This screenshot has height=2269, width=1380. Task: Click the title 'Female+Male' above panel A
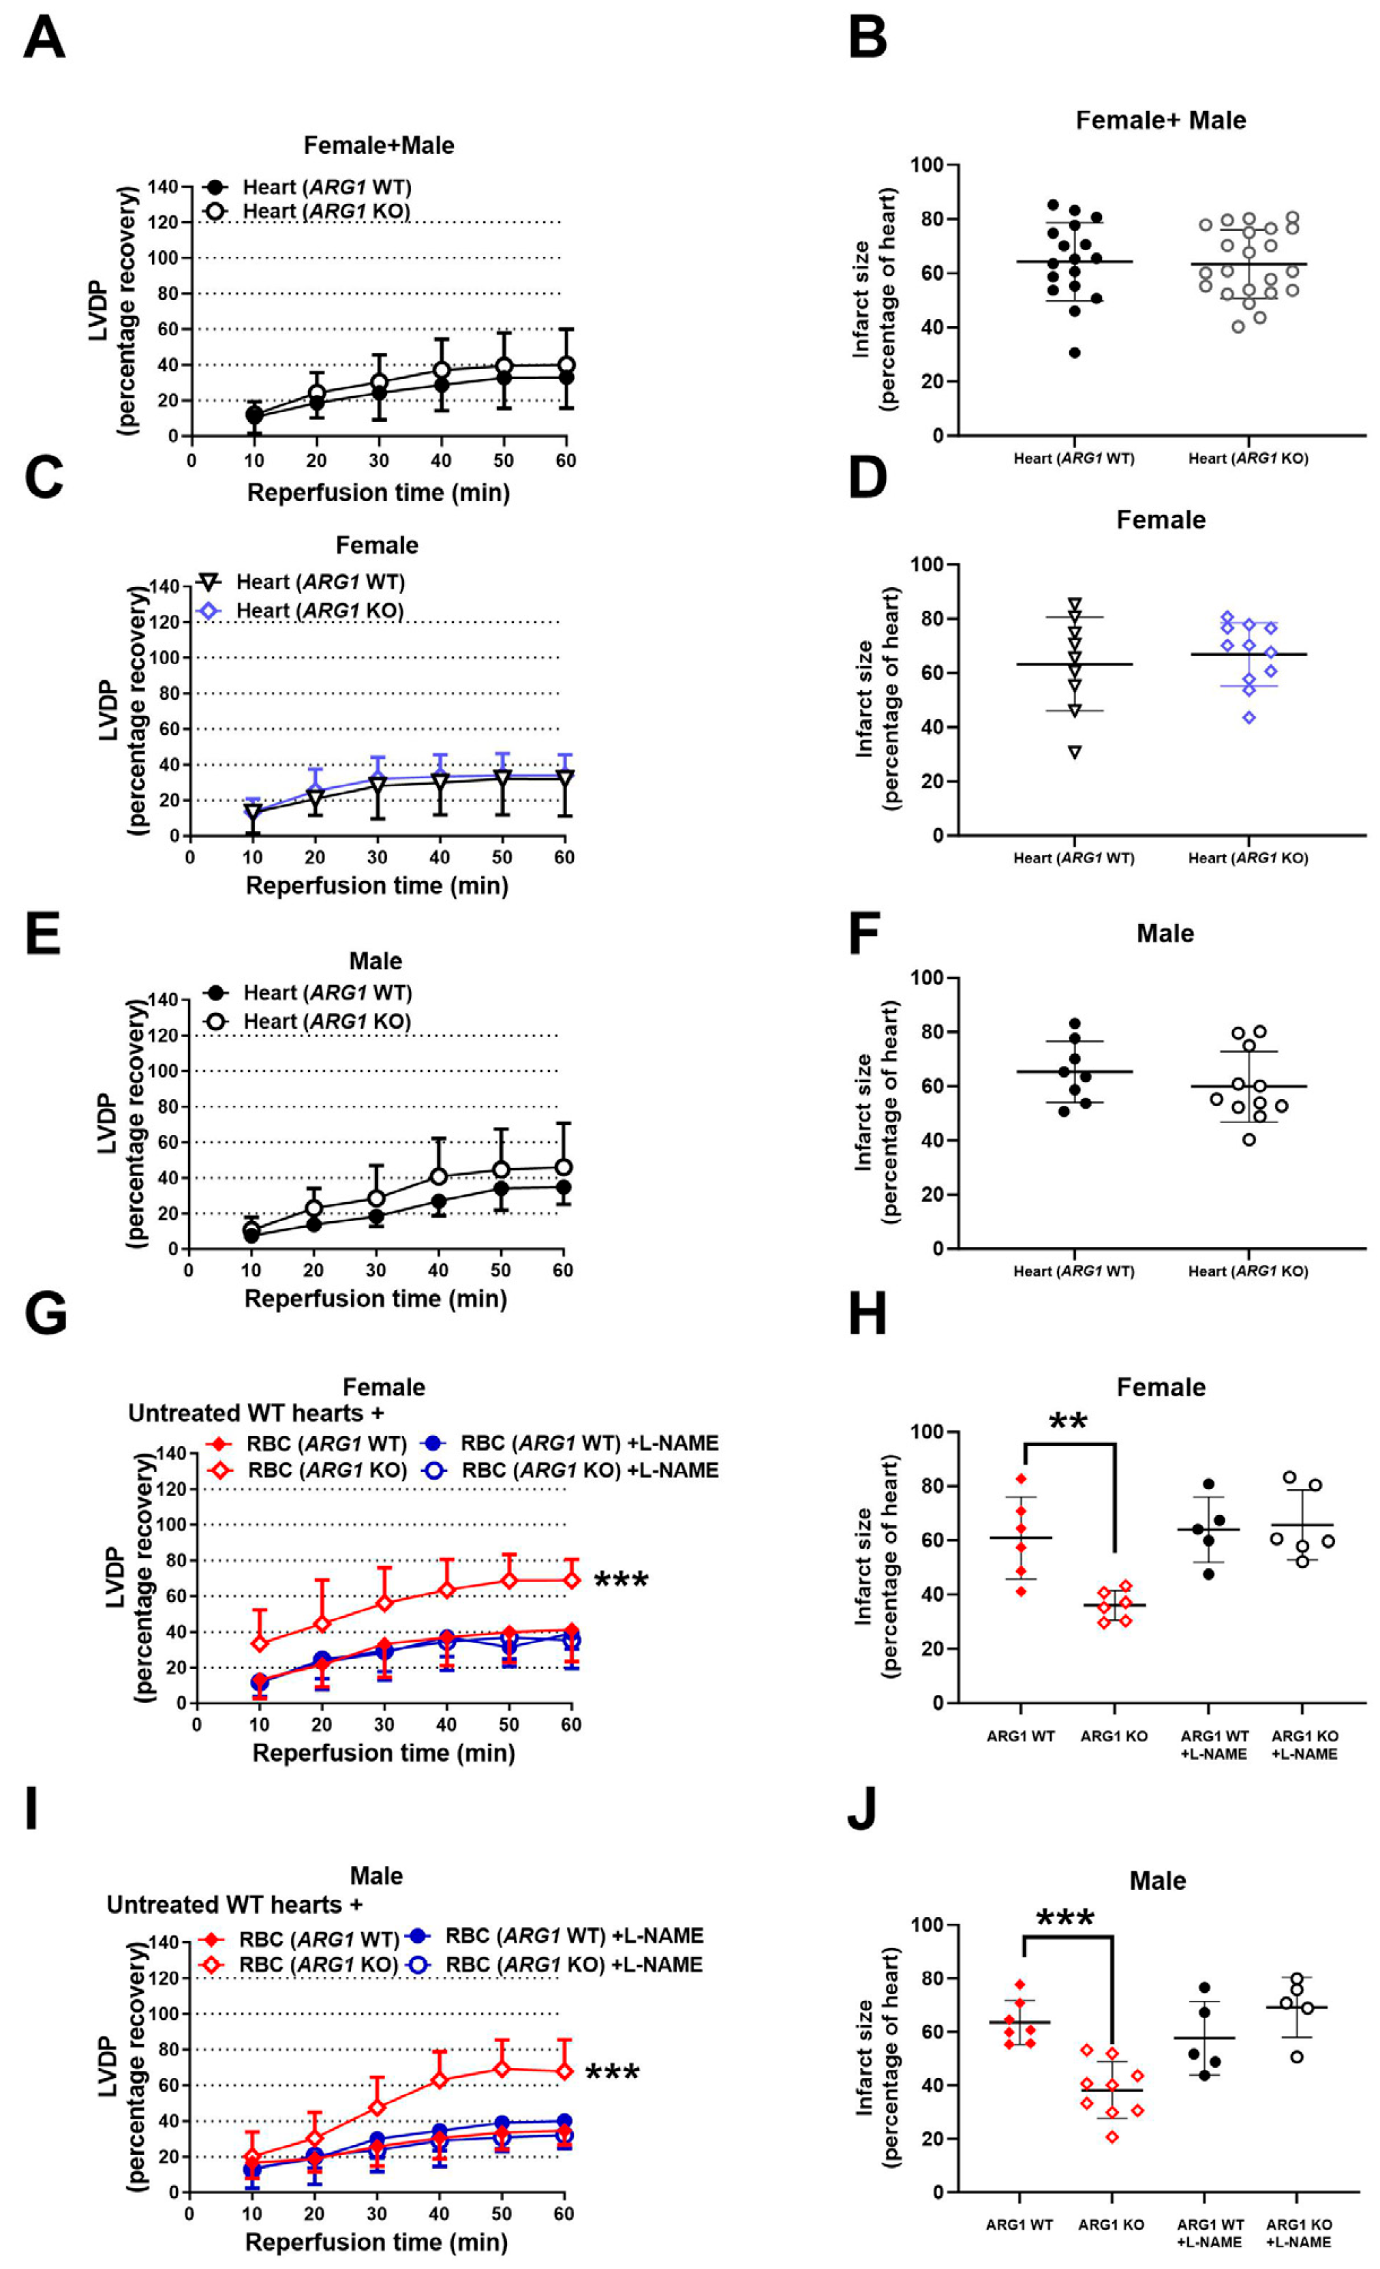[x=378, y=145]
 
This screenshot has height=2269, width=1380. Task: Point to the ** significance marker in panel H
[x=1068, y=1421]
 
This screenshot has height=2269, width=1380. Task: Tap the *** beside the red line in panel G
[x=622, y=1581]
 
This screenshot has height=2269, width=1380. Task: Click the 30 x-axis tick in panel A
[x=378, y=460]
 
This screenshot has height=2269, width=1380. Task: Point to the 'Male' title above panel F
[x=1165, y=934]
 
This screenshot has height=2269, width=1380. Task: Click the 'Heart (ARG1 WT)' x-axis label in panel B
[x=1073, y=459]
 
